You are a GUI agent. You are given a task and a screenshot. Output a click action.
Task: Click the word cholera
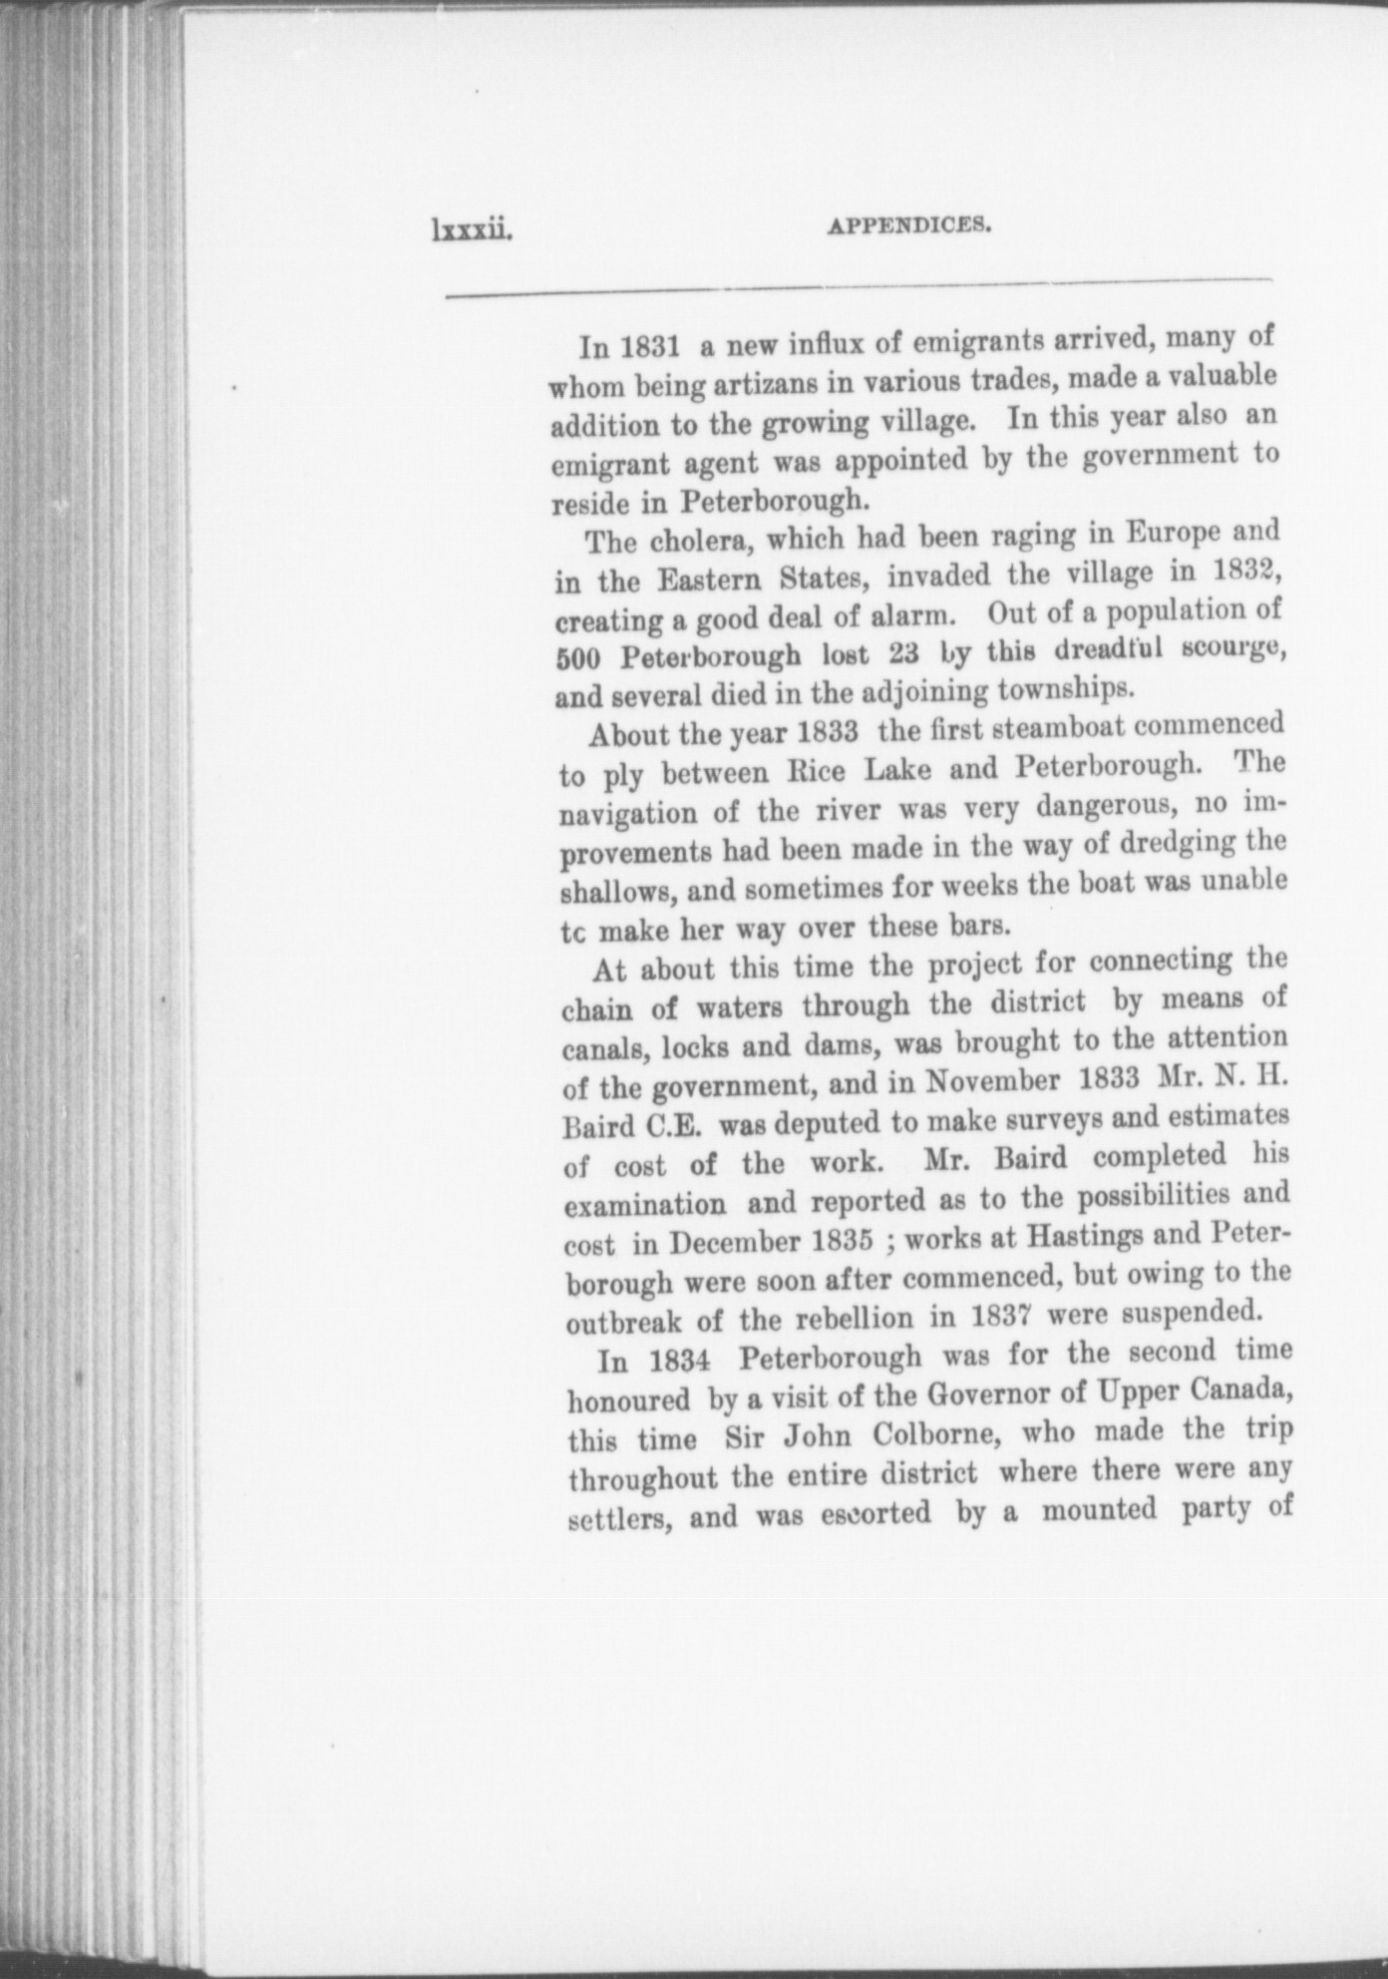pyautogui.click(x=695, y=542)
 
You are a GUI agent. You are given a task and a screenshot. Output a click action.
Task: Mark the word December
pyautogui.click(x=736, y=1244)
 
